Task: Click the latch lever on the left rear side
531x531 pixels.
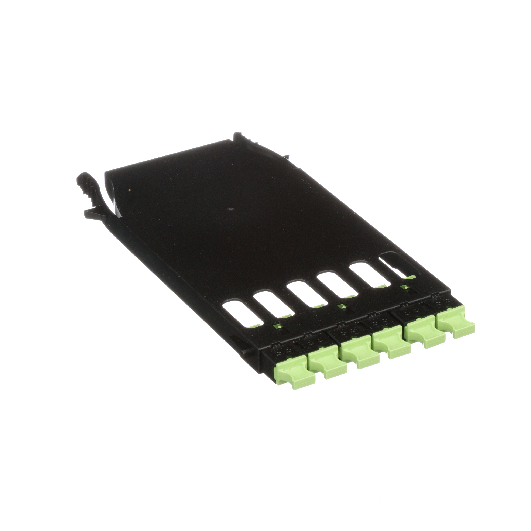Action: click(x=89, y=187)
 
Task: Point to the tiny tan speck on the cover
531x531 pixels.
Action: click(x=129, y=189)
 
